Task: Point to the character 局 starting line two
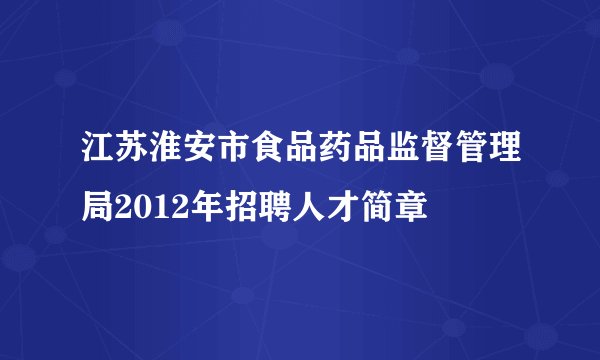click(x=99, y=210)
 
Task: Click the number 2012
click(x=153, y=210)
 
